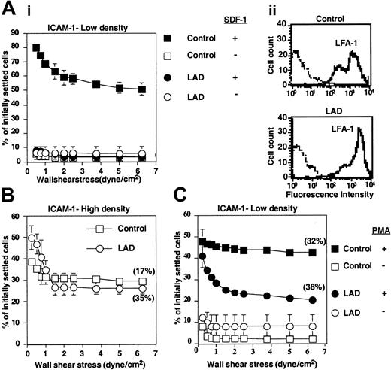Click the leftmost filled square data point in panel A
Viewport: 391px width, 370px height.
coord(36,48)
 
